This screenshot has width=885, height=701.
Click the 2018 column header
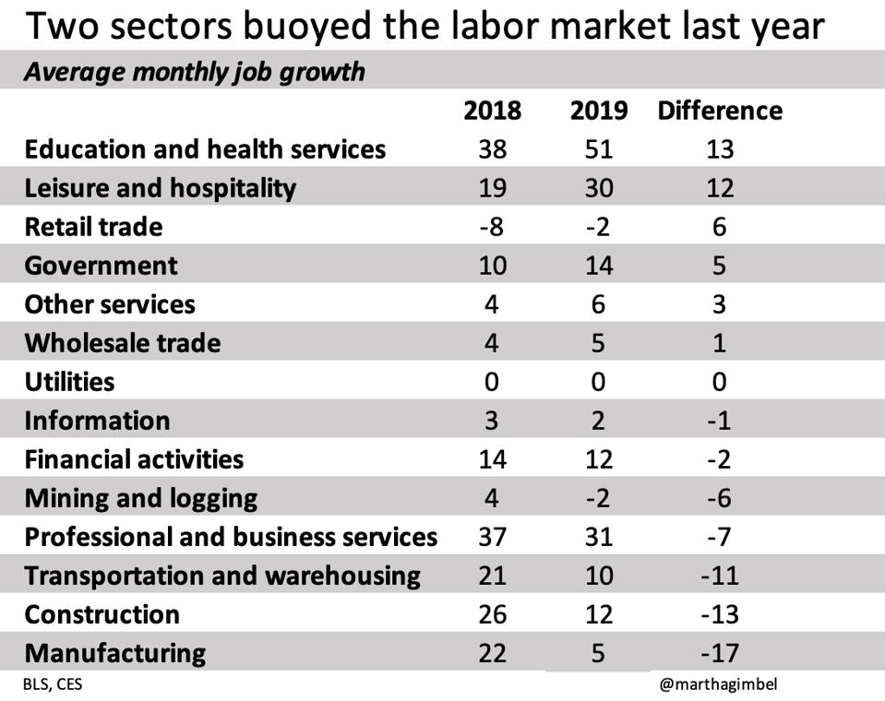(492, 111)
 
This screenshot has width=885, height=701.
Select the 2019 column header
(599, 111)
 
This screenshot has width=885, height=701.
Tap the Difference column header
(720, 111)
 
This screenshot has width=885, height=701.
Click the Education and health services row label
(205, 149)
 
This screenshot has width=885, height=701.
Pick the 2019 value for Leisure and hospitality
(599, 188)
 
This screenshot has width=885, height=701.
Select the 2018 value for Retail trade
(492, 227)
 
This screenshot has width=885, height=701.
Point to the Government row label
(102, 266)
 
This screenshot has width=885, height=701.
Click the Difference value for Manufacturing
(720, 653)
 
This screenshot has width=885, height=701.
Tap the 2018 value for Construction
(492, 614)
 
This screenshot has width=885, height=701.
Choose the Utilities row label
(70, 382)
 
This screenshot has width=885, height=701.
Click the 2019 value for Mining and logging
(599, 498)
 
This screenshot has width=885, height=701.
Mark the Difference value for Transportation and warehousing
(720, 576)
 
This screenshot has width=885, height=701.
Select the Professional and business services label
(231, 537)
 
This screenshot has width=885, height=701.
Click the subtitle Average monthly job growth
(194, 72)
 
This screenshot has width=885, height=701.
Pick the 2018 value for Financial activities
(492, 459)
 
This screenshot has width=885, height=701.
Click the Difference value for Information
(720, 421)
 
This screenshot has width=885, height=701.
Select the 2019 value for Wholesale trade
(599, 343)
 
